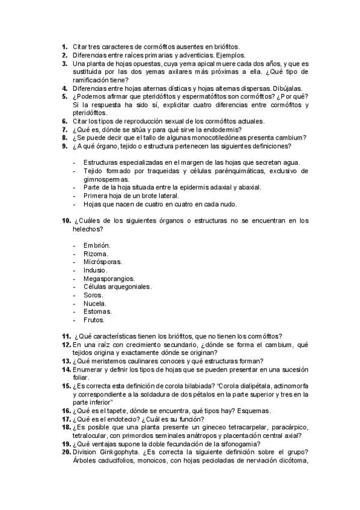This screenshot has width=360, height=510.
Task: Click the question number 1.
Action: (x=64, y=46)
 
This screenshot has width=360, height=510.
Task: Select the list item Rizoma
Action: (x=96, y=254)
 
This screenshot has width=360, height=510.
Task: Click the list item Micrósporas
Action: (x=103, y=262)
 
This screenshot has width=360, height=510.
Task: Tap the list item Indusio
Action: (x=96, y=271)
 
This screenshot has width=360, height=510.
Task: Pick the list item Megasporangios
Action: (x=109, y=279)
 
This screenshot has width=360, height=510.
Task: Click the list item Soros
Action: (x=94, y=295)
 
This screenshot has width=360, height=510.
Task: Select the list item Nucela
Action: (x=96, y=304)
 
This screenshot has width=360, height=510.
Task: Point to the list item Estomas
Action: (x=98, y=312)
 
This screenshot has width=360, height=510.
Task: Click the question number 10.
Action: (x=66, y=221)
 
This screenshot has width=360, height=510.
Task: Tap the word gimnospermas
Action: (x=106, y=179)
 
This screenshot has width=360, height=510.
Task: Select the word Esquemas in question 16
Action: (x=252, y=411)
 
